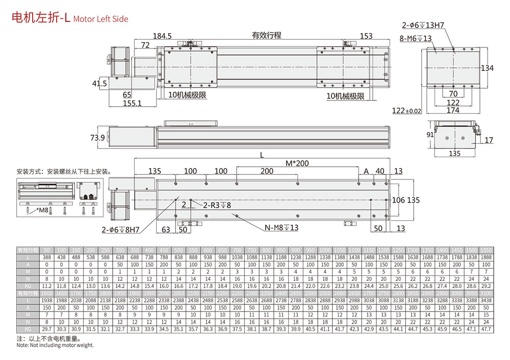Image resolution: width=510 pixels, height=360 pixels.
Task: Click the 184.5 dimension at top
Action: [162, 36]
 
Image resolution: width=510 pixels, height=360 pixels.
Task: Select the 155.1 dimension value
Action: [132, 104]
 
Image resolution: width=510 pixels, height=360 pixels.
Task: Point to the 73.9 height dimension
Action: [97, 138]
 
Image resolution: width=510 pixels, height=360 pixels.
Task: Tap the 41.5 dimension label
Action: [99, 84]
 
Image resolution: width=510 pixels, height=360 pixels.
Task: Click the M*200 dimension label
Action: [298, 163]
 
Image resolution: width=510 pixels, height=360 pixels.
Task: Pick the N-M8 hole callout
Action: [282, 228]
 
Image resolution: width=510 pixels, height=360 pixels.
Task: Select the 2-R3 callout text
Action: [217, 205]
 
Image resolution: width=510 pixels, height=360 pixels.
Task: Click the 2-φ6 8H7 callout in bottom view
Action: [121, 229]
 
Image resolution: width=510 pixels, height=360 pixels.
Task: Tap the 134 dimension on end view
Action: [488, 68]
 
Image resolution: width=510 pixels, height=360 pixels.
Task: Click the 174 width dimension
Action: [453, 111]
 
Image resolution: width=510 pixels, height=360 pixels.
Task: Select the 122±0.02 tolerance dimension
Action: [406, 111]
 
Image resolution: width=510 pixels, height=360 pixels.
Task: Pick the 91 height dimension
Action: [430, 135]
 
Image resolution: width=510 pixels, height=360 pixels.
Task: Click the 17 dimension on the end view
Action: [489, 140]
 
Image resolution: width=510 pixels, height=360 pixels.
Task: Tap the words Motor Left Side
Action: [100, 19]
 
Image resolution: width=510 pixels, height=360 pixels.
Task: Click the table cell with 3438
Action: [487, 301]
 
